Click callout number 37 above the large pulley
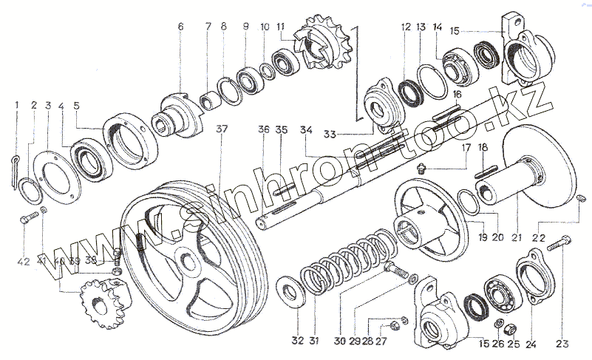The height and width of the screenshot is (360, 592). point(220,129)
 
